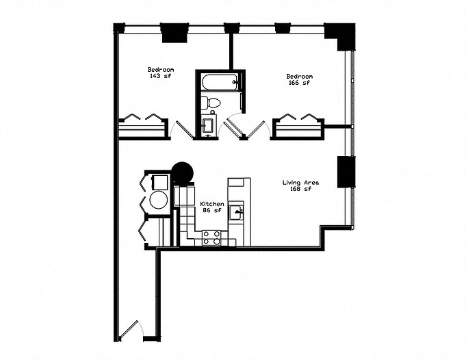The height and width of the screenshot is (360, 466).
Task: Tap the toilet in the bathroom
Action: tap(211, 104)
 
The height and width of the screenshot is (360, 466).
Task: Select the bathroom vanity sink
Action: tap(208, 125)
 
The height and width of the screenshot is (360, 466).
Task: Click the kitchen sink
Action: tap(235, 212)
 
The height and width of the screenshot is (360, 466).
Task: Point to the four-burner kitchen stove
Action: tap(211, 237)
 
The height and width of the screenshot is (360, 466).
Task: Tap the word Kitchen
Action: tap(211, 204)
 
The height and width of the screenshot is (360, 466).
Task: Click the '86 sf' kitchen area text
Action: tap(211, 211)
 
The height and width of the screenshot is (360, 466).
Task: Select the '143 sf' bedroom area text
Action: tap(161, 76)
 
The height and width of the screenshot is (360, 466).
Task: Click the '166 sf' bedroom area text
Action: tap(299, 83)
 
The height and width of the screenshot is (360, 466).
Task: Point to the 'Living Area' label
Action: tap(301, 183)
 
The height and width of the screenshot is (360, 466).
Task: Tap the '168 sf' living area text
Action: tap(301, 190)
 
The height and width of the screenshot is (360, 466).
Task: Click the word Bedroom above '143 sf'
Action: tap(161, 69)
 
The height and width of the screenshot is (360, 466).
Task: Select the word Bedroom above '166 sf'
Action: tap(299, 76)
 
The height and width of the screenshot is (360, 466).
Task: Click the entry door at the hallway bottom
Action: tap(129, 331)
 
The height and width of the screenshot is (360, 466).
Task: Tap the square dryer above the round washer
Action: tap(159, 182)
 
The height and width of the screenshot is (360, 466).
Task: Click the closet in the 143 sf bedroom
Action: tap(143, 127)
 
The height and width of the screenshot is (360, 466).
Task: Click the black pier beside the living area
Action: tap(346, 172)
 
